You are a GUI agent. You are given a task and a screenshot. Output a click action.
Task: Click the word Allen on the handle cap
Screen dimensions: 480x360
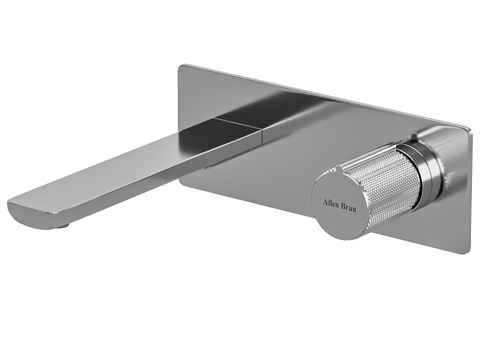click(330, 203)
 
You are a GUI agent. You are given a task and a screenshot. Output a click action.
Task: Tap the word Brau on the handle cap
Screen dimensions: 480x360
click(348, 207)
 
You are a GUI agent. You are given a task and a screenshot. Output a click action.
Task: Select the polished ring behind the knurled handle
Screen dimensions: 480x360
click(421, 164)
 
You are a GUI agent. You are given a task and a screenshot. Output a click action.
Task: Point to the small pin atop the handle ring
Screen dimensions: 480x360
click(413, 137)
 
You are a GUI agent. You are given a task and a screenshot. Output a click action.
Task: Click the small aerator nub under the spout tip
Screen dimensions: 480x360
click(62, 226)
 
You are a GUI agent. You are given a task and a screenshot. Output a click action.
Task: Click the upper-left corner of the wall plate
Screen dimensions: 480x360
click(180, 66)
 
